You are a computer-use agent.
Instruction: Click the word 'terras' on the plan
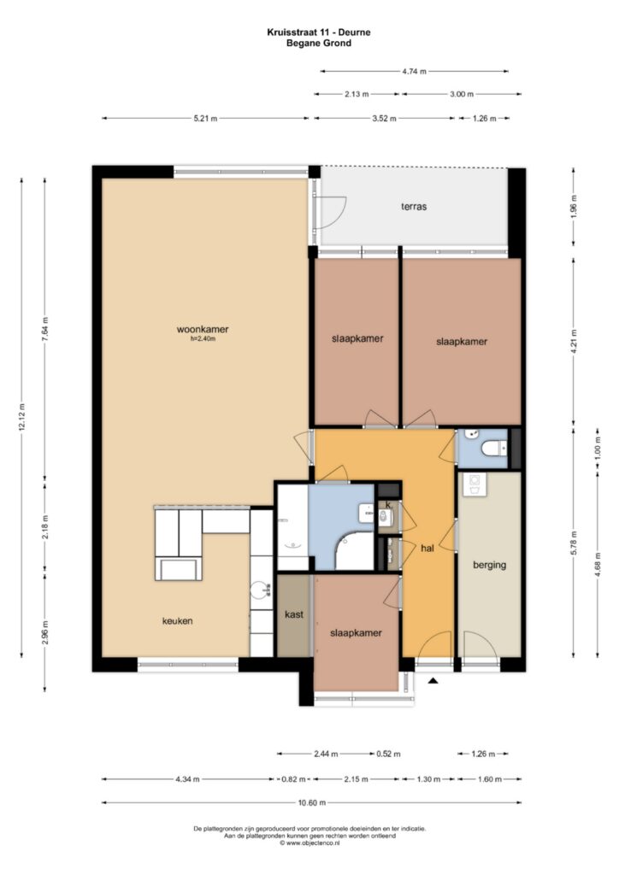point(414,207)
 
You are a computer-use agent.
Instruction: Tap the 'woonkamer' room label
point(203,329)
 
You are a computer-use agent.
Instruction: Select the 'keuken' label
point(178,620)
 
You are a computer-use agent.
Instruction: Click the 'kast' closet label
point(294,614)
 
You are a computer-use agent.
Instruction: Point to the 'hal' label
point(427,548)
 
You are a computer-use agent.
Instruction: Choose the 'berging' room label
point(490,565)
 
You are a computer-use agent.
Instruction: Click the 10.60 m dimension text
point(311,803)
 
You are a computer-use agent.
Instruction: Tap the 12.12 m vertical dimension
point(21,417)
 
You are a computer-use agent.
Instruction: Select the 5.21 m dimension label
point(205,118)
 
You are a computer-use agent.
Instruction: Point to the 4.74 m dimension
point(414,72)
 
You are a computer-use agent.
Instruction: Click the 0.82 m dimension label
point(293,779)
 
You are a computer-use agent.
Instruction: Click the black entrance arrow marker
point(433,680)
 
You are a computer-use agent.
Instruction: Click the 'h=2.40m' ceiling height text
point(203,338)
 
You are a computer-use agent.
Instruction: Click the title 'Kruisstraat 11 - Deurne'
point(319,32)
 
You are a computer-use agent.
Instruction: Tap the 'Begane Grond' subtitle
point(319,43)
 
